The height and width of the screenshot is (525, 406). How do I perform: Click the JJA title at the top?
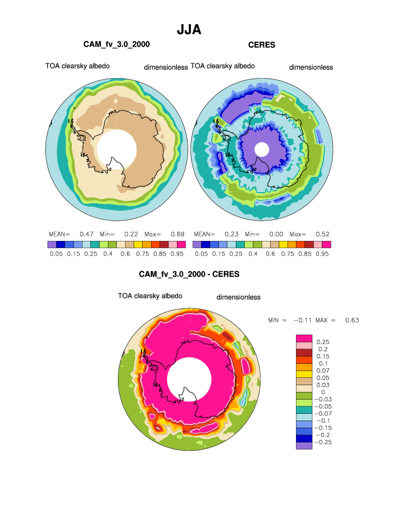click(189, 29)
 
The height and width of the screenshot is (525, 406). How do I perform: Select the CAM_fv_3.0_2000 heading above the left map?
click(116, 44)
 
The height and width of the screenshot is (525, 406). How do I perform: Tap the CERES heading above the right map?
click(262, 44)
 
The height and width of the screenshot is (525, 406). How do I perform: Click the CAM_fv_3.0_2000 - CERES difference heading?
click(189, 275)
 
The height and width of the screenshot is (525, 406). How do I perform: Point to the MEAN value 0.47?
click(86, 234)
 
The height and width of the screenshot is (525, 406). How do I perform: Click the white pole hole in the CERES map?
click(261, 149)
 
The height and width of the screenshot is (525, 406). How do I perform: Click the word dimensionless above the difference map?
click(238, 297)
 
